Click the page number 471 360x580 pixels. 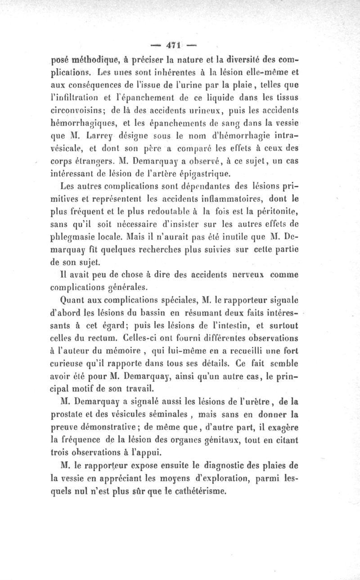pos(175,45)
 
